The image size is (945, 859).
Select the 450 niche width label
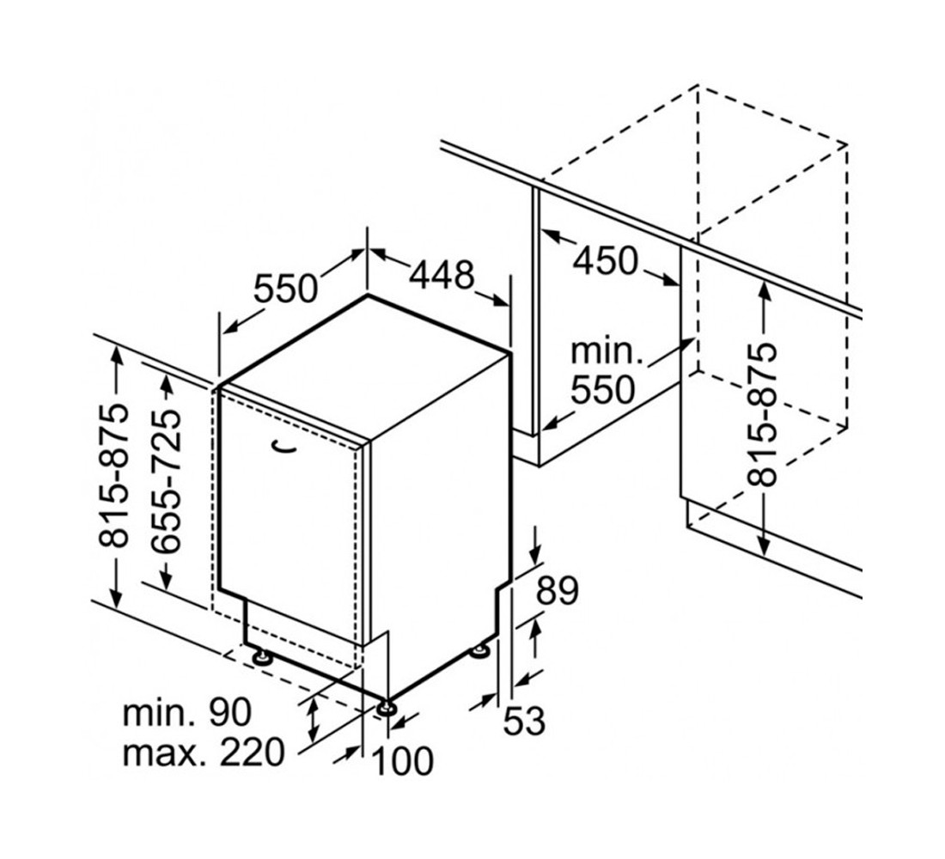tap(605, 261)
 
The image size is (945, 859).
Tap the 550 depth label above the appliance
tap(285, 288)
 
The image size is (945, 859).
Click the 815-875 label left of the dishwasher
tap(113, 476)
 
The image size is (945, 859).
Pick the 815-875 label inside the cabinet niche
tap(762, 415)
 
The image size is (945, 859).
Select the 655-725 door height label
tap(166, 481)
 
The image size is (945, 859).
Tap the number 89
tap(558, 591)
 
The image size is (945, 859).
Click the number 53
tap(524, 721)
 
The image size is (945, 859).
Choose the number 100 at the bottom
tap(403, 760)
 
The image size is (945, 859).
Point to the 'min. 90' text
tap(186, 712)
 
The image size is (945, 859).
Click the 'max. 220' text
tap(203, 752)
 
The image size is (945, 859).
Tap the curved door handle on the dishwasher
tap(283, 446)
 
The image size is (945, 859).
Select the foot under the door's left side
tap(261, 655)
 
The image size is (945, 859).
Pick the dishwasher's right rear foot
tap(480, 650)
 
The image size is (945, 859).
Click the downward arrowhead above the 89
tap(536, 553)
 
